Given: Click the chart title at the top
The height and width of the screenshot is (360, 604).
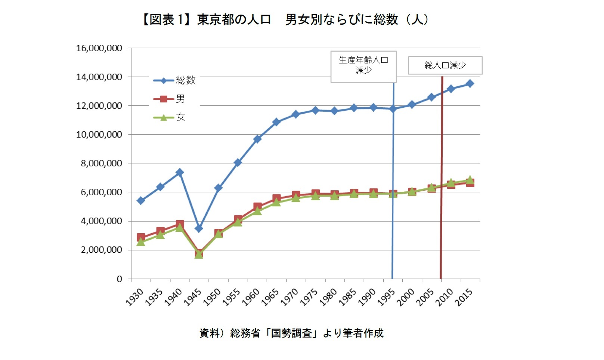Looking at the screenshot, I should coord(285,19).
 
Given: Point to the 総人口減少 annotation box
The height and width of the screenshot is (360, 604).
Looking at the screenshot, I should coord(445,65).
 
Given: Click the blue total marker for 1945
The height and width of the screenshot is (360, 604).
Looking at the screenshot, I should coord(199,228).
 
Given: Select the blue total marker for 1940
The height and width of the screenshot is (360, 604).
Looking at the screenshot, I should coord(180,172).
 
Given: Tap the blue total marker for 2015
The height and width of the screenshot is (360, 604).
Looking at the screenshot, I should coord(470,83).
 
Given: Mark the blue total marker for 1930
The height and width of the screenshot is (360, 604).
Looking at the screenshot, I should coord(141,201).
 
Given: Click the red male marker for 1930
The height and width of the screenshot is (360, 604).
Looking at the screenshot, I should coord(141,237).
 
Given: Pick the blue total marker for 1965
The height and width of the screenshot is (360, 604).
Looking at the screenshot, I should coord(276,122).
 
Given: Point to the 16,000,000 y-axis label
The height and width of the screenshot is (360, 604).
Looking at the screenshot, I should coord(99,48).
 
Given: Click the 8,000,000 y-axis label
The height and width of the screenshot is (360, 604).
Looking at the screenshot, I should coord(101,163).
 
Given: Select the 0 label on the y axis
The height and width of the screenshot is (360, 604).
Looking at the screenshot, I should coord(119,279).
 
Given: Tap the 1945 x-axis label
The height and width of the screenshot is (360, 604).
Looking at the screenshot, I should coord(193,298).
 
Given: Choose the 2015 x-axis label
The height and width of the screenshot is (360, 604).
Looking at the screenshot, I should coord(464,298).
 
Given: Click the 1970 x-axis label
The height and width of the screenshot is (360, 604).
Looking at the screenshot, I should coord(290,298).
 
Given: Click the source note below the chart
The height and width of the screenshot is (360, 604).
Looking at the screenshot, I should coord(291,333).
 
